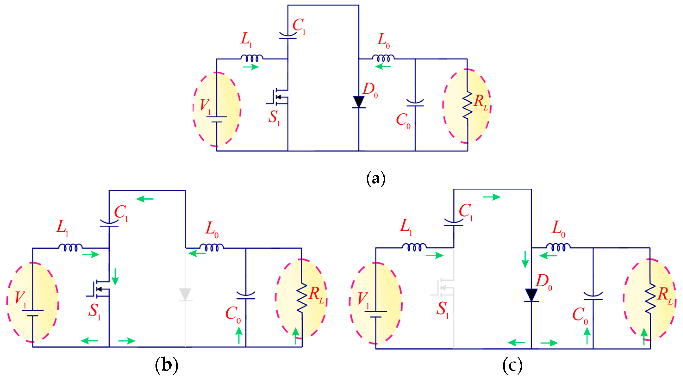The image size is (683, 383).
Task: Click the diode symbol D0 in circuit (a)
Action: tap(359, 102)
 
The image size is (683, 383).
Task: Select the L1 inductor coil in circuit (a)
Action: tap(252, 58)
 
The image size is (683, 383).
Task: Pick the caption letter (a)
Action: tap(376, 179)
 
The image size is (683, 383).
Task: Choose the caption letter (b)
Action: tap(167, 365)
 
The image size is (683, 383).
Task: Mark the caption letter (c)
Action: tap(512, 365)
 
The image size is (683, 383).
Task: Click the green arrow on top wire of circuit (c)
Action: tap(492, 197)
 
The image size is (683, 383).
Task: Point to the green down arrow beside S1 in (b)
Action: tap(115, 277)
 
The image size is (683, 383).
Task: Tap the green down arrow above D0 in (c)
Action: tap(525, 260)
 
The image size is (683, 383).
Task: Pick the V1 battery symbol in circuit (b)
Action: tap(33, 313)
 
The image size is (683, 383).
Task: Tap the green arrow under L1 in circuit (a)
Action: tap(251, 67)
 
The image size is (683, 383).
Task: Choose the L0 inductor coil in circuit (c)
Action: tap(558, 247)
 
